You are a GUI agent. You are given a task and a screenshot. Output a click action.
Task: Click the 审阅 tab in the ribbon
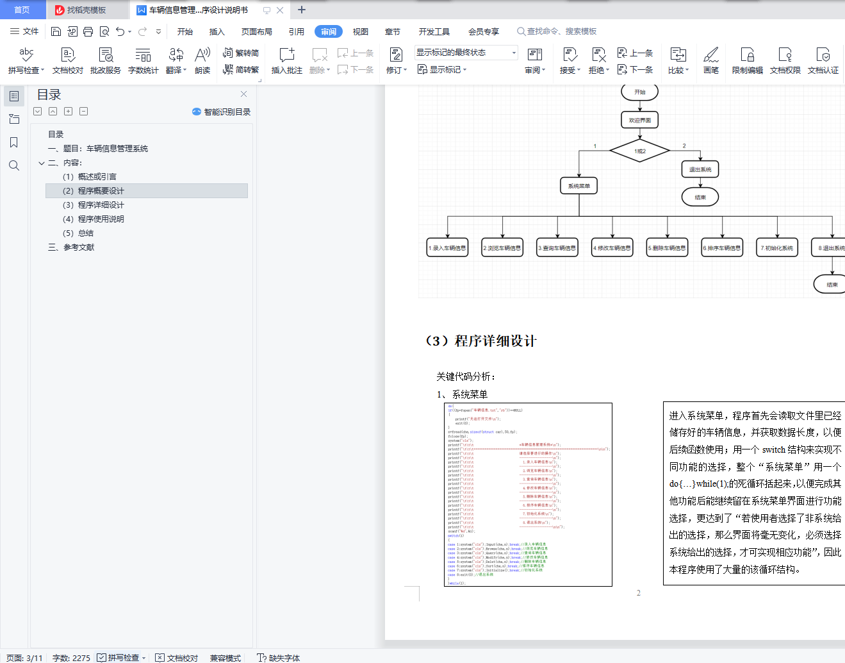pos(329,31)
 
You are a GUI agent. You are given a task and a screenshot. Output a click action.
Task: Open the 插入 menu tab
pos(217,31)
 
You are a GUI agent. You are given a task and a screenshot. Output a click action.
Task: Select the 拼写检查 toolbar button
pos(26,61)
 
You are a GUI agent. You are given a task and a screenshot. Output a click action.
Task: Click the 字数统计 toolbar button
pos(143,61)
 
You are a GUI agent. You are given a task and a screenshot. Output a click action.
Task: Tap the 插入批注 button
pos(286,61)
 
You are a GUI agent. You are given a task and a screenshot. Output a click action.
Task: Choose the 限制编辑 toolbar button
pos(747,61)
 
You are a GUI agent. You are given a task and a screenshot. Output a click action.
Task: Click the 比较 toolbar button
pos(678,61)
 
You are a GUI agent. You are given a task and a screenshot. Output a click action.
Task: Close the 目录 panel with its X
pos(243,94)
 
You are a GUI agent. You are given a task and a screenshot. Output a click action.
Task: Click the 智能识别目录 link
pos(222,112)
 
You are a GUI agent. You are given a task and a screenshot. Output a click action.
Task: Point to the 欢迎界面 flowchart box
pos(639,120)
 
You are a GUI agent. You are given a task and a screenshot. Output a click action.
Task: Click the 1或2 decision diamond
pos(639,151)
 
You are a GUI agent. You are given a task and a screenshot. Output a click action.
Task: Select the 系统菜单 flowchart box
pos(579,186)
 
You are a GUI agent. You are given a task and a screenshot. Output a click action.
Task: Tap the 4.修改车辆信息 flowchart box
pos(612,248)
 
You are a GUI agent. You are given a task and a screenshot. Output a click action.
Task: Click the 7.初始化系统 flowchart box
pos(777,248)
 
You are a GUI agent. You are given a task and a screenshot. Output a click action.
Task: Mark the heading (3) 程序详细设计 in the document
pos(481,341)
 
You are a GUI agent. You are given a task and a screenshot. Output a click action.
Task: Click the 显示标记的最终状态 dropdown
pos(466,53)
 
